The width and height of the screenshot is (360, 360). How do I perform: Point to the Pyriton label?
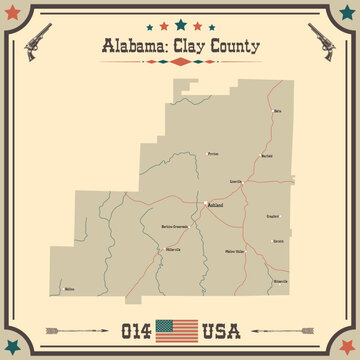click(x=212, y=154)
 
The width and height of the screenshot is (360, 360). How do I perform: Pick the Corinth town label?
click(x=279, y=240)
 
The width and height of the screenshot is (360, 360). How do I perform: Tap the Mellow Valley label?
click(x=235, y=252)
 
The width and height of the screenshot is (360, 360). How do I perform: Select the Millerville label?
click(x=173, y=249)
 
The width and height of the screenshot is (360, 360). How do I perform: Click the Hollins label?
click(x=69, y=289)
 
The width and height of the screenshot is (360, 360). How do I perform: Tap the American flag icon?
click(x=180, y=328)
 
